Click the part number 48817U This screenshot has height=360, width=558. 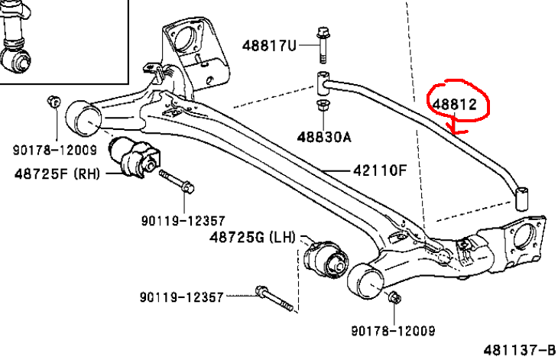268,45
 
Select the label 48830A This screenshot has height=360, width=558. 324,138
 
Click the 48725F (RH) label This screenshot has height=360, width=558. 57,174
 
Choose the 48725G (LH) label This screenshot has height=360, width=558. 252,238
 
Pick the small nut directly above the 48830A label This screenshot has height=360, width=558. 322,105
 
